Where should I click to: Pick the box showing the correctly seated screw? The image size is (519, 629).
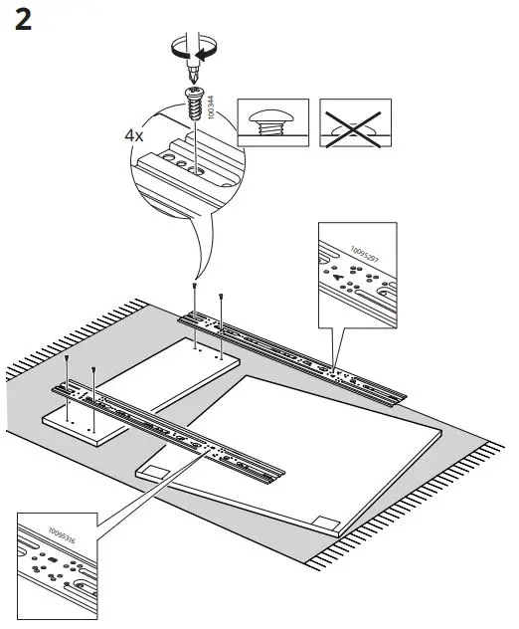pyautogui.click(x=272, y=124)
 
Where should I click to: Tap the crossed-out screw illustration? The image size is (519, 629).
pyautogui.click(x=356, y=124)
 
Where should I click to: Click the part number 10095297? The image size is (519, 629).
pyautogui.click(x=367, y=253)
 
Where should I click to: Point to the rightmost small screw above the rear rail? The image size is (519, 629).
pyautogui.click(x=220, y=296)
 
